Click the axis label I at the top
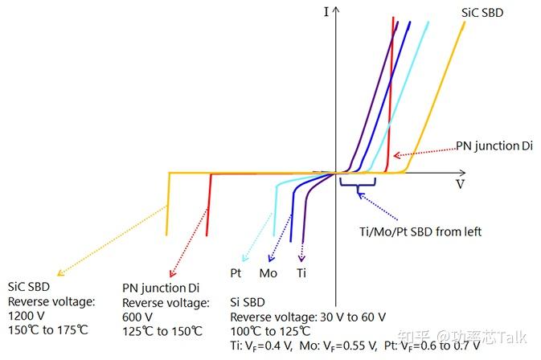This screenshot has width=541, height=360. click(326, 12)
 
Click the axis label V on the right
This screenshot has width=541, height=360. click(461, 183)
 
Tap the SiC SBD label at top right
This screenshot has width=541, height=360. click(485, 13)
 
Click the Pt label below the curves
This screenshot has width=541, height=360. click(236, 273)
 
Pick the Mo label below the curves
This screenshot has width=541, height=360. click(268, 273)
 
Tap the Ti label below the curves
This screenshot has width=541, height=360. click(301, 273)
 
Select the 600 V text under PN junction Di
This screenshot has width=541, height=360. click(136, 316)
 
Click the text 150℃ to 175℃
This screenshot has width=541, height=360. click(47, 330)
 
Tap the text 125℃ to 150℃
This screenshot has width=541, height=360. click(162, 330)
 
